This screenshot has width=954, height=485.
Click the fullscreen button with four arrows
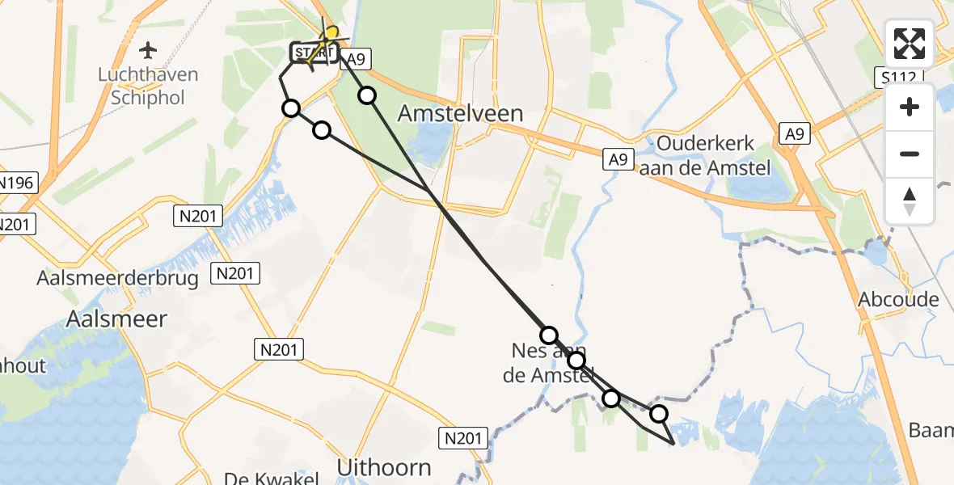(910, 44)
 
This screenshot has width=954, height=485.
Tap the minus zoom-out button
(910, 154)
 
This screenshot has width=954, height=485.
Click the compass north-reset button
(910, 201)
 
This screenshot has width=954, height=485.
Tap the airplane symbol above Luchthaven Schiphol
(148, 51)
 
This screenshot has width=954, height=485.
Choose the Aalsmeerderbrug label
(118, 278)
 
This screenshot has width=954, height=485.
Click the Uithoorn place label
(383, 467)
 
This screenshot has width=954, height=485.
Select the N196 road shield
(16, 183)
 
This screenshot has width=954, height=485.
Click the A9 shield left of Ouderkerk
(618, 160)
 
